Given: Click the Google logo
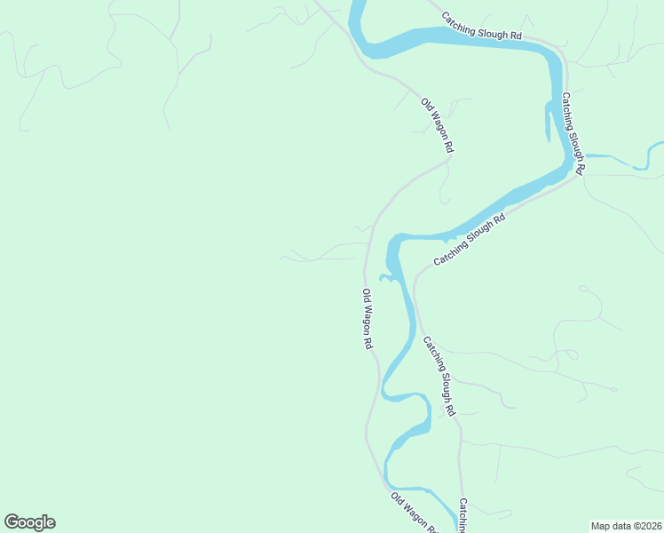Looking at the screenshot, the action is coord(29,522).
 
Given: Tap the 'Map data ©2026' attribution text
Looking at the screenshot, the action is coord(627,525).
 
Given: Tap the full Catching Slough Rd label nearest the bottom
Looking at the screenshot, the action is coord(439,377).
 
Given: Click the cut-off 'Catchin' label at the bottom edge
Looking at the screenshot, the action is coord(462,515).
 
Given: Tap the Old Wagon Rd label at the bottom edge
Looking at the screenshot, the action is coord(415,513).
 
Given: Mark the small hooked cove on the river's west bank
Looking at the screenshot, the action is coord(388,279).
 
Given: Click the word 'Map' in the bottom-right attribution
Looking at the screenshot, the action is coord(601,525).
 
